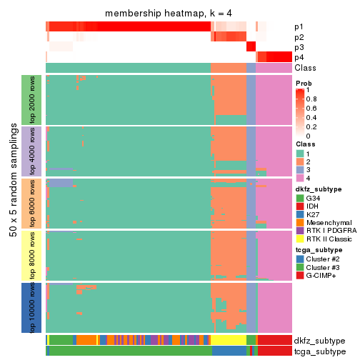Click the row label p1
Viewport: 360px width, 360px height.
click(299, 26)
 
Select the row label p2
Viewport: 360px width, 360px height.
click(299, 36)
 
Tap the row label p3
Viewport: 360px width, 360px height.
click(299, 47)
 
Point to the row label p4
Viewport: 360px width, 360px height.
click(299, 57)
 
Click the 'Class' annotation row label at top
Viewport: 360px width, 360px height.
click(303, 68)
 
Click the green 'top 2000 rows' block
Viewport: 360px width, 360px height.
click(33, 99)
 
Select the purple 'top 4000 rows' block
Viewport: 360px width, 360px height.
click(33, 151)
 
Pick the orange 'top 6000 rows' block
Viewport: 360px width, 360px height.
click(33, 203)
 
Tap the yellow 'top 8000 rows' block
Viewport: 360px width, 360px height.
click(33, 255)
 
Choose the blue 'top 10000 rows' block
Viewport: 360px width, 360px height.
click(33, 307)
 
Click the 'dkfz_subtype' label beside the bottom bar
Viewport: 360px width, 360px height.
click(320, 341)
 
